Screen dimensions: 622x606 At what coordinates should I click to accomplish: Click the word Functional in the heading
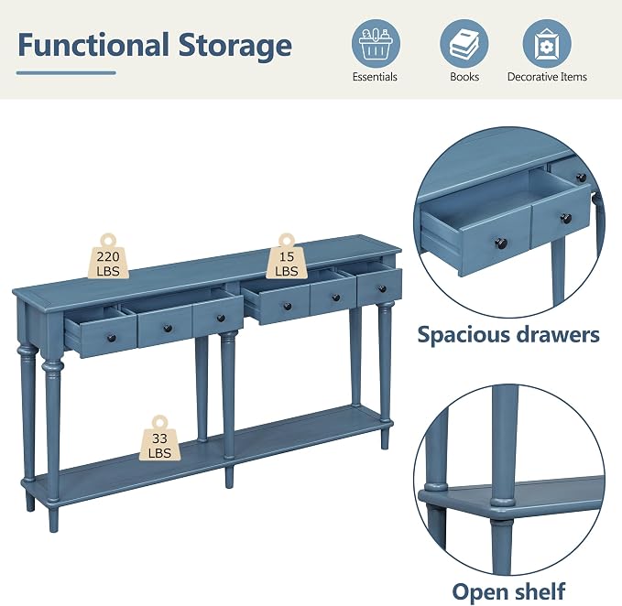coord(93,45)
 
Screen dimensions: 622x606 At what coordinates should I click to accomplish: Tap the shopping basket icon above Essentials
coord(376,44)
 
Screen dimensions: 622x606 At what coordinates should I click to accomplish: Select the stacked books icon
coord(464,44)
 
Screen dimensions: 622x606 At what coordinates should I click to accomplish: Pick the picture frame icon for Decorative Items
coord(547,44)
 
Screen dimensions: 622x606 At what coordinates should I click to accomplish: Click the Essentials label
coord(375,77)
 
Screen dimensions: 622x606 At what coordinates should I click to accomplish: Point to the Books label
coord(464,77)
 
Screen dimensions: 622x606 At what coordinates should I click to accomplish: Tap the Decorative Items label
coord(547,77)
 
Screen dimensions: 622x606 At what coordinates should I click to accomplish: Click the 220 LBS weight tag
coord(108,257)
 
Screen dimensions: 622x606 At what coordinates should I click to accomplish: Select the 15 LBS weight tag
coord(287,257)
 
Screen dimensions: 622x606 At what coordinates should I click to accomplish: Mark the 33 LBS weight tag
coord(160,439)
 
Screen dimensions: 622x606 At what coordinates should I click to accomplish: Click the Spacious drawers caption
coord(508,335)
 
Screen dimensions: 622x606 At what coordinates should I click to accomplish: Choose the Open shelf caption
coord(508,591)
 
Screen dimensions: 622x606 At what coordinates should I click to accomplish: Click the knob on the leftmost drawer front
coord(112,339)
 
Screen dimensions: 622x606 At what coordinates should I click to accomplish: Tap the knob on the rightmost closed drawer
coord(382,289)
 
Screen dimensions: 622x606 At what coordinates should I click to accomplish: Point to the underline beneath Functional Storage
coord(66,73)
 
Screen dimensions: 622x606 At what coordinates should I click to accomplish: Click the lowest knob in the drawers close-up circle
coord(501,243)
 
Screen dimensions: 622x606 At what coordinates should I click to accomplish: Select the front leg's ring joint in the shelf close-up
coord(503,502)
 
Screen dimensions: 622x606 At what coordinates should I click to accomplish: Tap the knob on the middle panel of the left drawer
coord(168,328)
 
